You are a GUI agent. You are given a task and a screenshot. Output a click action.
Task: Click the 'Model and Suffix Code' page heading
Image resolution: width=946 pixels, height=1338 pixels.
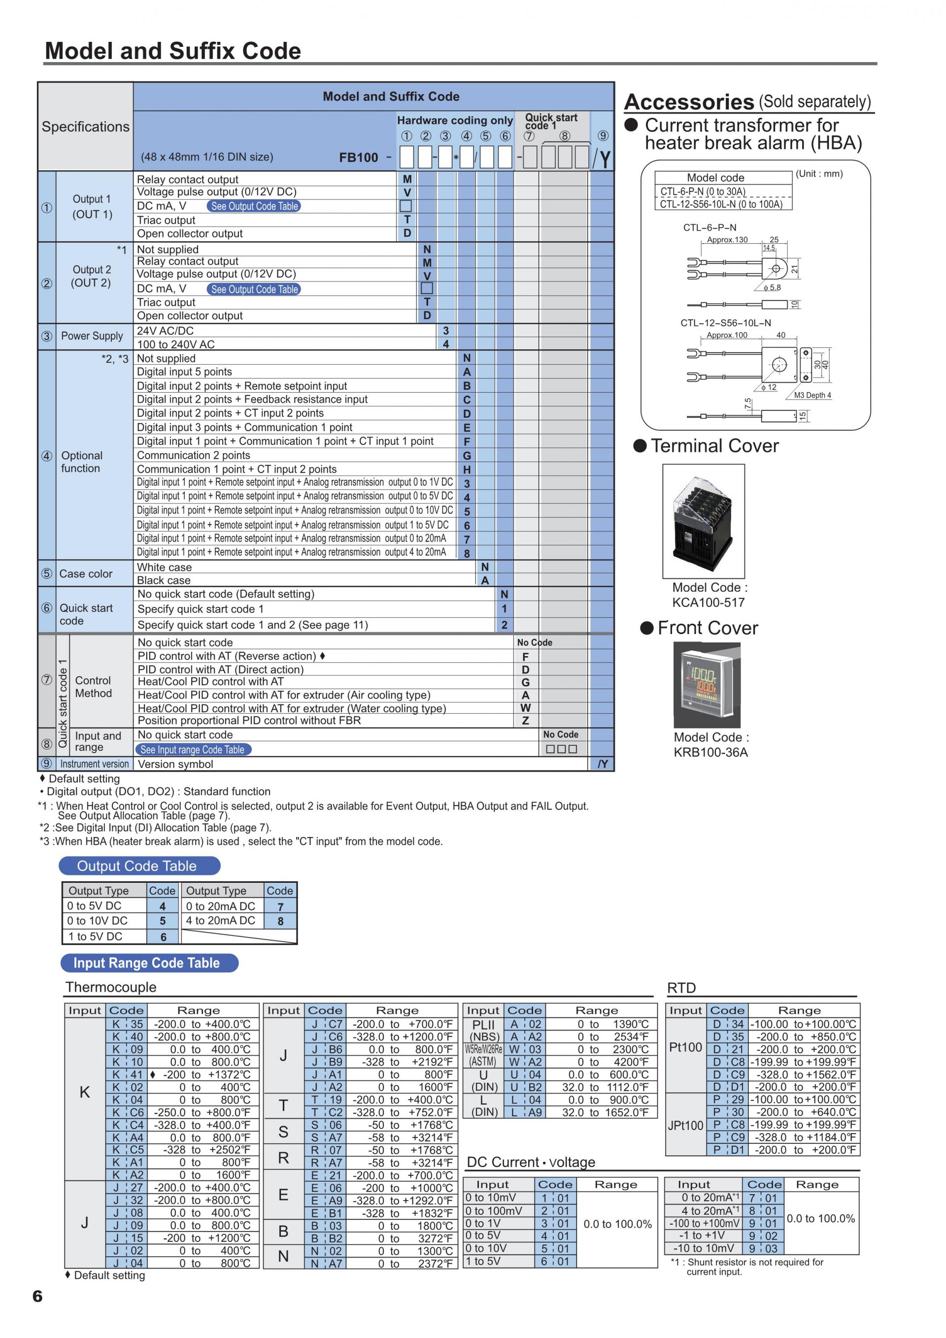172,51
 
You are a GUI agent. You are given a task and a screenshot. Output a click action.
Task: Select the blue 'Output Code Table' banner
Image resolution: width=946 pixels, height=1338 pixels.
139,866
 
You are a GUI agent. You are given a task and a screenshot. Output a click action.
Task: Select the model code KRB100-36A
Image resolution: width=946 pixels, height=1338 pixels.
710,752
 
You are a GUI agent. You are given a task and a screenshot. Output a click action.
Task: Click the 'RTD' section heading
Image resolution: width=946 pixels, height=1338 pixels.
681,988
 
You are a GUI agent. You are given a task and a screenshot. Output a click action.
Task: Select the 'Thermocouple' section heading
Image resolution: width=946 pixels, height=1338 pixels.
111,987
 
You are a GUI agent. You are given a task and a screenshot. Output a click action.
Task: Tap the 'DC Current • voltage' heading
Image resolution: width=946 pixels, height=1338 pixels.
531,1162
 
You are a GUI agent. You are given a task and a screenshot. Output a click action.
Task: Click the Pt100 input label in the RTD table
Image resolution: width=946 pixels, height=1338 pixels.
685,1047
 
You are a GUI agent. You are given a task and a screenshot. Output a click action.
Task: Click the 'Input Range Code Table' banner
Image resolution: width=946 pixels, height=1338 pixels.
149,963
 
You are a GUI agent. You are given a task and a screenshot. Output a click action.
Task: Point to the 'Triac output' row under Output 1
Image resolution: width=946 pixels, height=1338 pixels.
166,220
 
